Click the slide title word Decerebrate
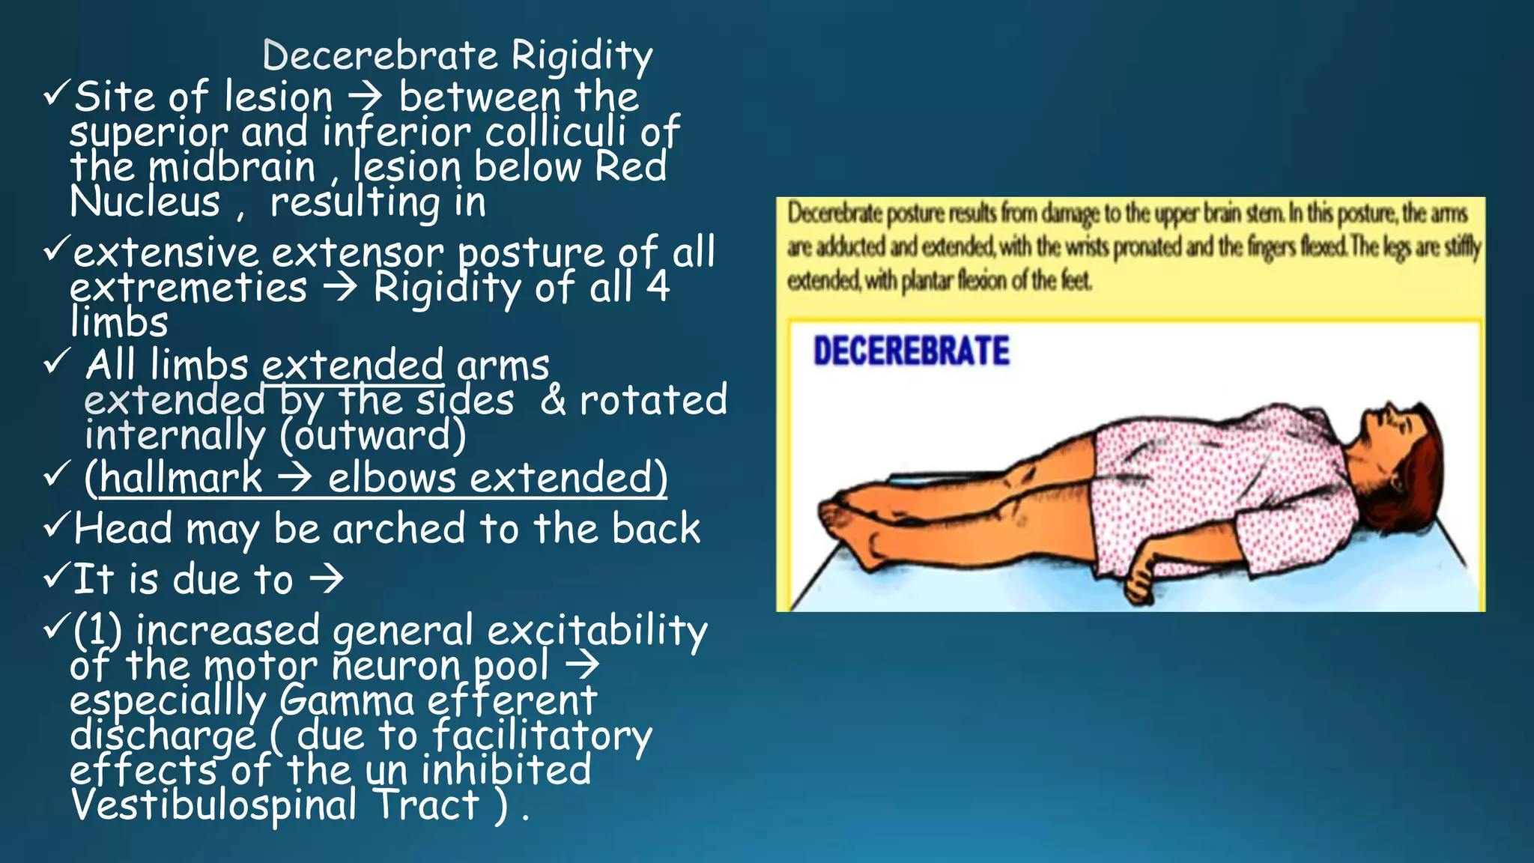(380, 55)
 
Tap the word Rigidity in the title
(582, 57)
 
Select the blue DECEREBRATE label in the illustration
(911, 351)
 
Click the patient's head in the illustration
(1401, 449)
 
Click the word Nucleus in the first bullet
(145, 202)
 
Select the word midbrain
(232, 166)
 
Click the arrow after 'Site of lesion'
(366, 97)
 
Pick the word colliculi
(555, 132)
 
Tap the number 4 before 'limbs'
(658, 287)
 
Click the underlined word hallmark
(181, 478)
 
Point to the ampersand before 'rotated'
(553, 400)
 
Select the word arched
(399, 529)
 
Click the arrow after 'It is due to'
(327, 579)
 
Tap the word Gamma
(346, 701)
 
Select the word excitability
(597, 631)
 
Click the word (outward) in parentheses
(373, 436)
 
